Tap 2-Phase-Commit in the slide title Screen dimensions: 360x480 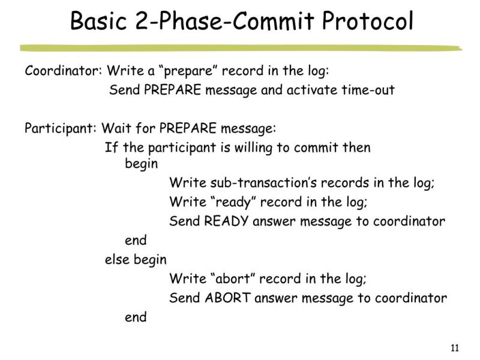tap(231, 23)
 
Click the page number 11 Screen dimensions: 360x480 tap(454, 348)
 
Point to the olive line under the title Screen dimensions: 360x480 tap(240, 48)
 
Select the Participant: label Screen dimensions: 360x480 tap(61, 128)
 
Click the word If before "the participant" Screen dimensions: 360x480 tap(112, 148)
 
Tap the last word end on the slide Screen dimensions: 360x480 tap(136, 317)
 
